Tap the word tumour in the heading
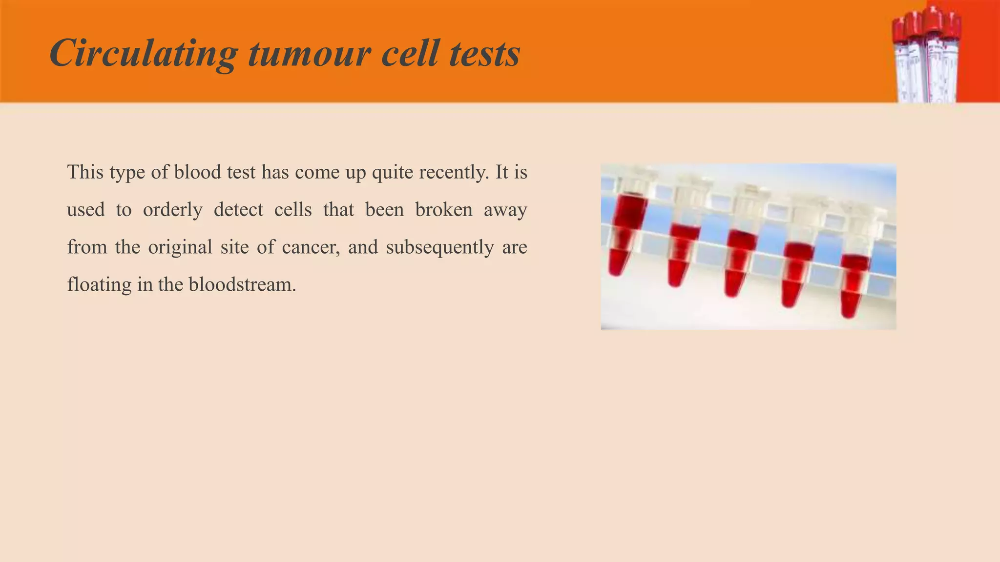[310, 54]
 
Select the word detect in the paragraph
[238, 210]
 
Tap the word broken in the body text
[444, 210]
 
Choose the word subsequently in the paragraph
[439, 247]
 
